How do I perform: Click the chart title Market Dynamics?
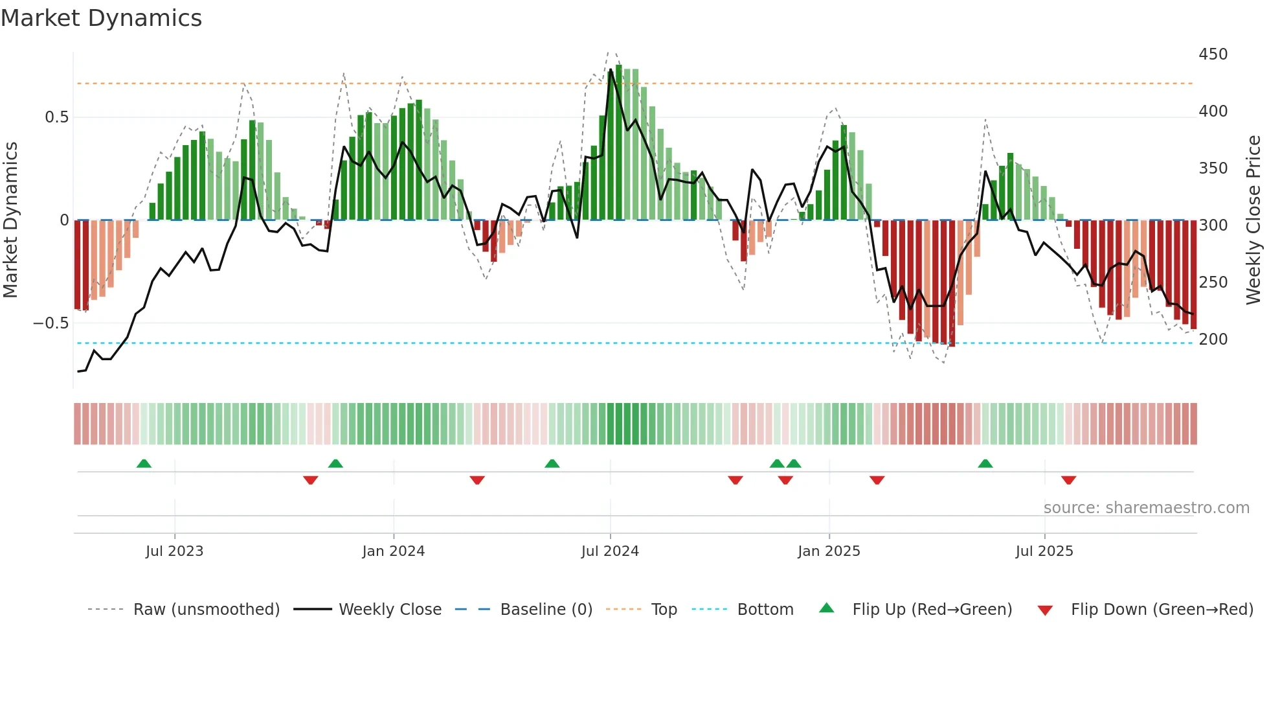coord(101,18)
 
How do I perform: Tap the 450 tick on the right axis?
coord(1213,54)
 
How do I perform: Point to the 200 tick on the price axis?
coord(1213,340)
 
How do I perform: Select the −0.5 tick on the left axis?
coord(51,323)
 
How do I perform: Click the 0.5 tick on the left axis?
coord(56,117)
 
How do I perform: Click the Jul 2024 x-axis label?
coord(610,551)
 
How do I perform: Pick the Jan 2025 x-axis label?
coord(829,551)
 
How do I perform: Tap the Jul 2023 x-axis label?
coord(174,551)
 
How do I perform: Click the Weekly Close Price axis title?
coord(1253,220)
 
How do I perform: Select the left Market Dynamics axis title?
coord(10,220)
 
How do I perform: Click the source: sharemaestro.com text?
coord(1146,508)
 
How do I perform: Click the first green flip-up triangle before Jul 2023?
coord(144,463)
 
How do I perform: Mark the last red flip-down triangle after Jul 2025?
coord(1068,480)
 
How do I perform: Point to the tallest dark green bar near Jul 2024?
coord(619,143)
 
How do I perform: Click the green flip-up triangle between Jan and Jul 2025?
coord(985,463)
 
